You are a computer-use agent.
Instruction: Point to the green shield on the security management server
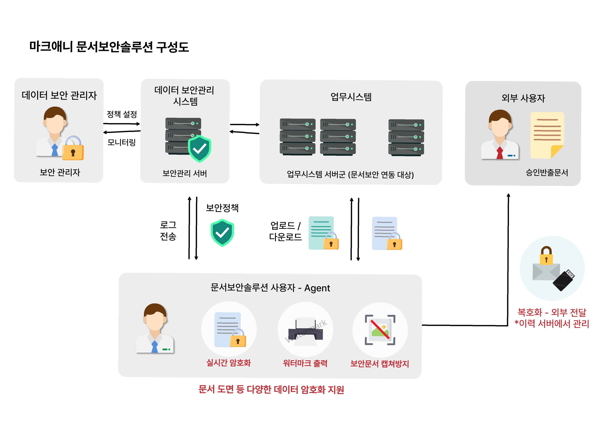(200, 149)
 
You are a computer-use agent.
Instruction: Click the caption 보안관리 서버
(184, 173)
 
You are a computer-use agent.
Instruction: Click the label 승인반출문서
(547, 172)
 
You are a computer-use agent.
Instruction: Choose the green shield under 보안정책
(222, 233)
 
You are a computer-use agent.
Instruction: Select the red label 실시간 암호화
(228, 363)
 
